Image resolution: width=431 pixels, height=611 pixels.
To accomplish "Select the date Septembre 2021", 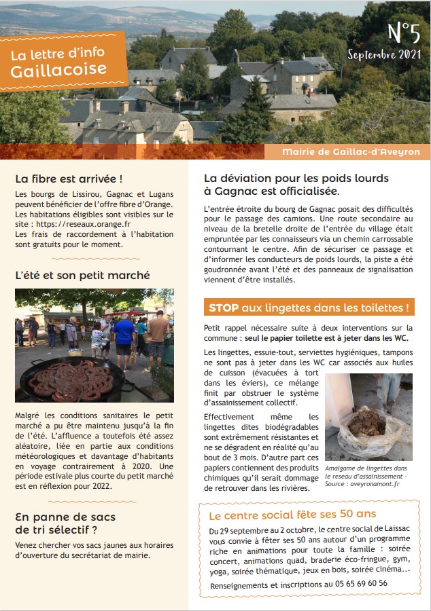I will [x=384, y=54].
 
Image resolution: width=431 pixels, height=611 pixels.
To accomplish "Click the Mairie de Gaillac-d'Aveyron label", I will [x=351, y=152].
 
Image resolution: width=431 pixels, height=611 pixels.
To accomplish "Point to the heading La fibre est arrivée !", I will [x=69, y=179].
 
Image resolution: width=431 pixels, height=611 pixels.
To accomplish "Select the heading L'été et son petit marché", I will [x=82, y=275].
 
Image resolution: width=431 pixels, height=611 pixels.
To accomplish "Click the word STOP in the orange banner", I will [x=224, y=308].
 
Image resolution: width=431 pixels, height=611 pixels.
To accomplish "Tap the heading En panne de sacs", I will [x=65, y=517].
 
